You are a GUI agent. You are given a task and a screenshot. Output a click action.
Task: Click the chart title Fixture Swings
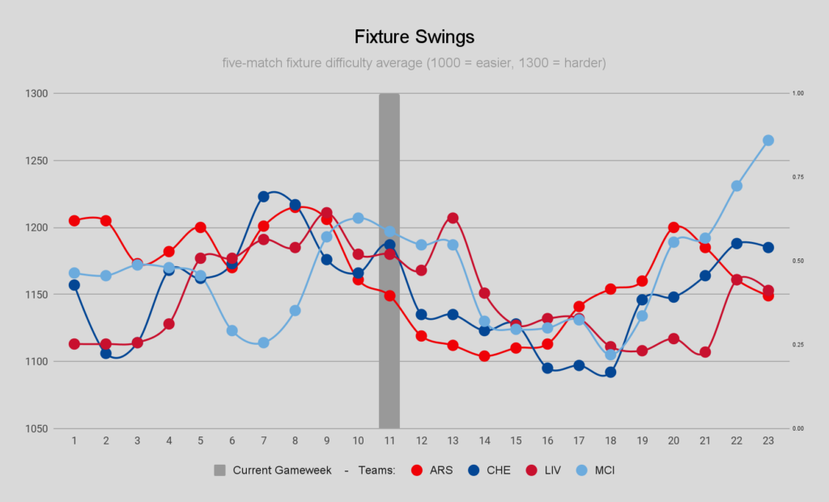tap(414, 37)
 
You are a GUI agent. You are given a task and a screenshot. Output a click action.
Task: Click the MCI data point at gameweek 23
tap(768, 140)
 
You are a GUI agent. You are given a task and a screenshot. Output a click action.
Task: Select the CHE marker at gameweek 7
tap(264, 196)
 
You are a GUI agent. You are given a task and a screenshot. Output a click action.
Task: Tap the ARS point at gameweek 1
tap(74, 220)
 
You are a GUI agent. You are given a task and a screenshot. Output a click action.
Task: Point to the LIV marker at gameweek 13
tap(453, 218)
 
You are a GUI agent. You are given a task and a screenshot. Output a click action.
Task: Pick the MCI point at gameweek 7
tap(264, 342)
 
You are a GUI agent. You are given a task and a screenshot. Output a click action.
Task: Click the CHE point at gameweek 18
tap(610, 372)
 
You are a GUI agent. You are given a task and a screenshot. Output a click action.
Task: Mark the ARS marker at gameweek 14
tap(485, 356)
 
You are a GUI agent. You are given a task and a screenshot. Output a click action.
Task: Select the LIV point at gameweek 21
tap(705, 352)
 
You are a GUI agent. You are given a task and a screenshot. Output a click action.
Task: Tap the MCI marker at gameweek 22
tap(737, 185)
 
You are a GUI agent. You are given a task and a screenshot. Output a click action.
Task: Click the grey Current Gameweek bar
tap(389, 259)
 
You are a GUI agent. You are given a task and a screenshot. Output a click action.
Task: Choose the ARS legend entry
tap(429, 470)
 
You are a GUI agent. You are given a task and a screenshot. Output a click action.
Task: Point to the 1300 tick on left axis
tap(38, 93)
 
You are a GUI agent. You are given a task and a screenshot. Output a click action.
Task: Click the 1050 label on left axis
tap(38, 428)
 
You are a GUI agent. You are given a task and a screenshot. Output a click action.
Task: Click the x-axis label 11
tap(389, 440)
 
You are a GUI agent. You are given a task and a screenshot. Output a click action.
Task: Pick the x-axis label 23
tap(768, 440)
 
